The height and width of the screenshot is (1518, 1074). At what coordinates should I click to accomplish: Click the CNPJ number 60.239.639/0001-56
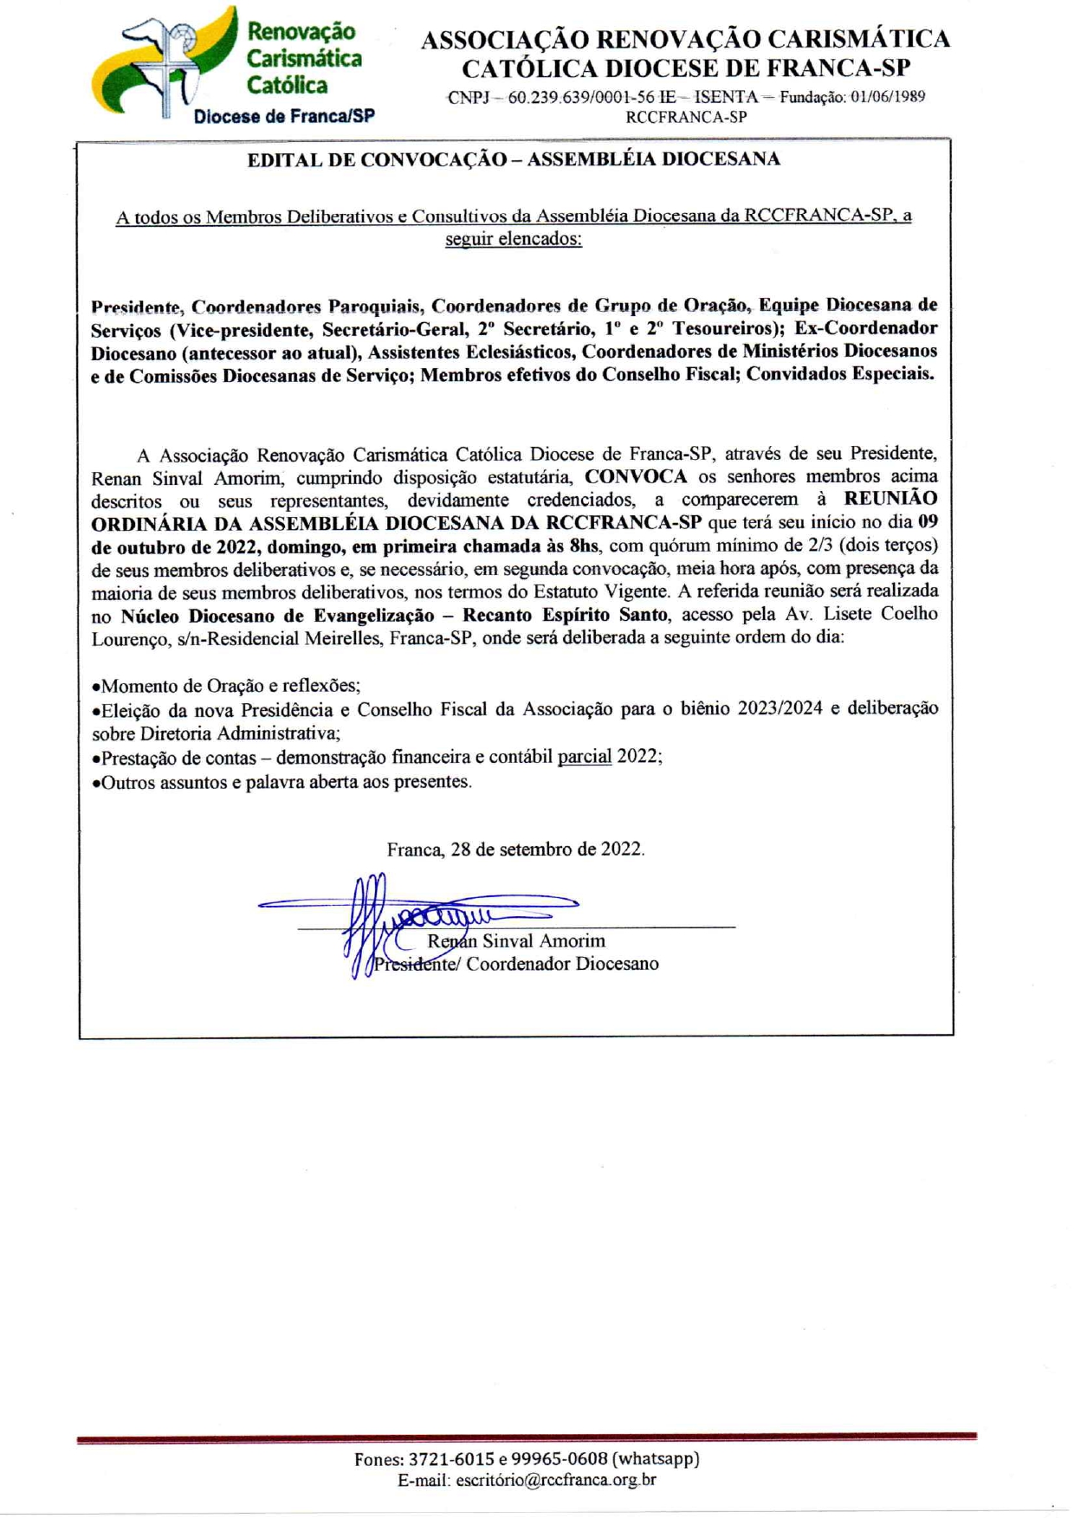(581, 97)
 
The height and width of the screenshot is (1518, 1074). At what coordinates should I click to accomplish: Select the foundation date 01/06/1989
(887, 97)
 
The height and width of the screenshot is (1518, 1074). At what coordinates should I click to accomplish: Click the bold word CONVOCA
(636, 476)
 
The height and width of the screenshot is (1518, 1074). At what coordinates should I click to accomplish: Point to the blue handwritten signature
(416, 914)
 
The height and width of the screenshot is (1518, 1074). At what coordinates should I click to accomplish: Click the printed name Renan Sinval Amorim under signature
(516, 940)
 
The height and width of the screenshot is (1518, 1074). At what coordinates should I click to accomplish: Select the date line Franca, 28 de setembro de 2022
(515, 849)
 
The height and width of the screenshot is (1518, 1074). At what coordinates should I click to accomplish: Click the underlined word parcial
(585, 756)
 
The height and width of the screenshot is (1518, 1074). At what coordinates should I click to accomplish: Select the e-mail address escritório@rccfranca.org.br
(555, 1480)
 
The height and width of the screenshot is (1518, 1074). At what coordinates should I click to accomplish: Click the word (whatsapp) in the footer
(656, 1458)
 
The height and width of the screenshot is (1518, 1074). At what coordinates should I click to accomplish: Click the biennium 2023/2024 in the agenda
(780, 708)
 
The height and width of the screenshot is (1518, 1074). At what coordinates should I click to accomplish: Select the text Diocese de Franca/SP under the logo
(284, 116)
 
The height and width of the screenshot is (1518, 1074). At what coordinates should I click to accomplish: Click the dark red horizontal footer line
(527, 1438)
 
